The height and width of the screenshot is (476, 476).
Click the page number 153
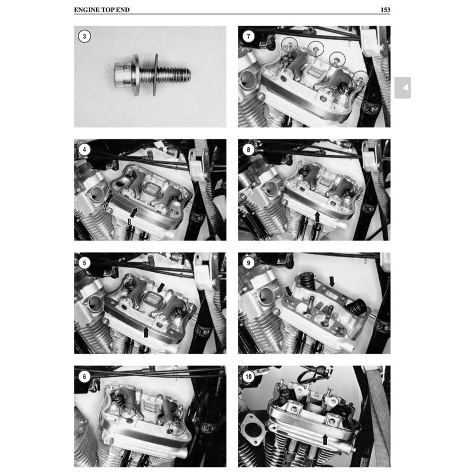pos(384,10)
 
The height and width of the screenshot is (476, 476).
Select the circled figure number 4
pos(84,150)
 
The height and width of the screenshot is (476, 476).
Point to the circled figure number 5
pos(84,263)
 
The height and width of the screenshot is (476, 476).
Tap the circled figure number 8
pos(248,150)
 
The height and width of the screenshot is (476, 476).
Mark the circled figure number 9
pos(248,263)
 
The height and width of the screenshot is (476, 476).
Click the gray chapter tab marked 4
pos(402,88)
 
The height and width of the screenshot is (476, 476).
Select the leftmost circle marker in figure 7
pos(289,42)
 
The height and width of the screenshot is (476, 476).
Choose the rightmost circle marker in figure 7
pos(360,77)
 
